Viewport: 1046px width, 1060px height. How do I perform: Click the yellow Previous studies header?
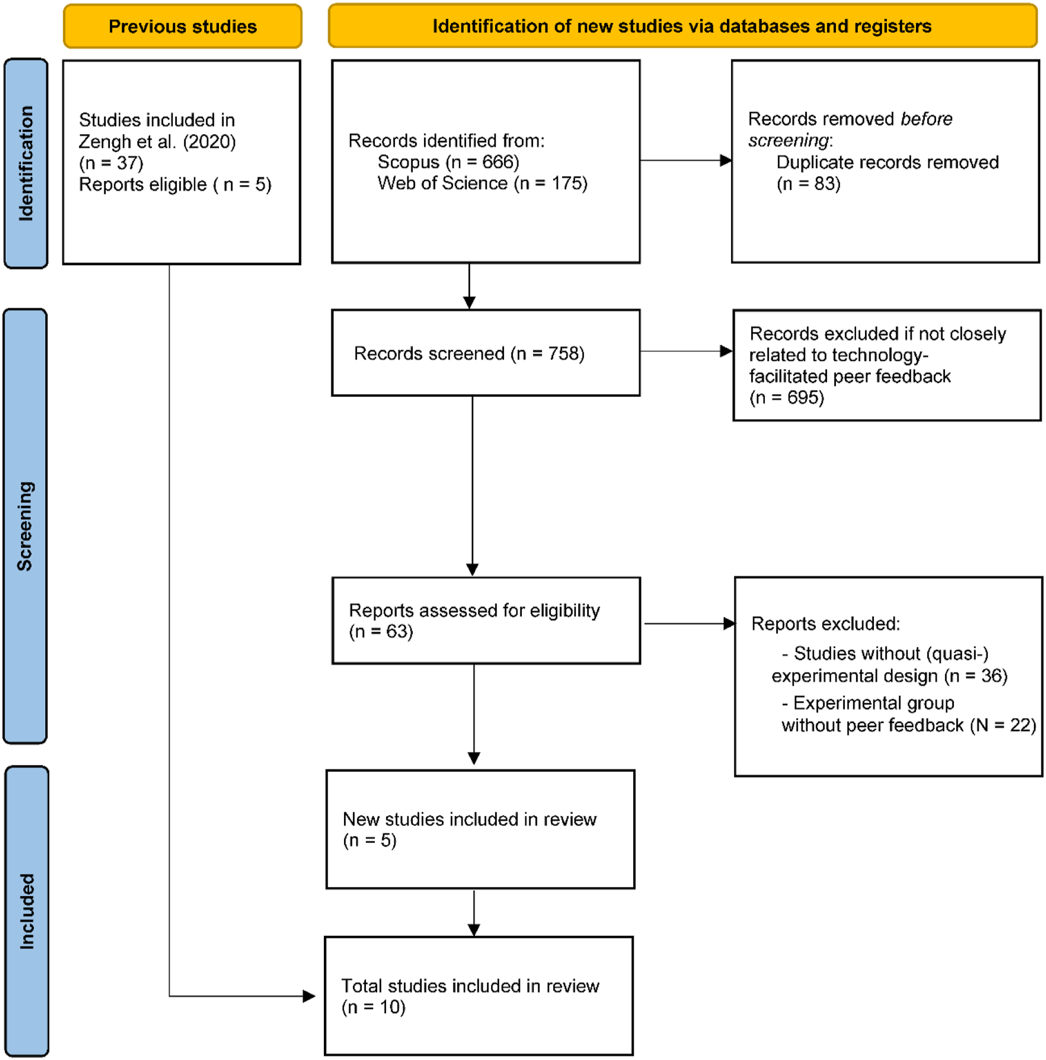click(182, 26)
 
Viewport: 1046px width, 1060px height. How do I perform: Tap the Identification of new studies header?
click(682, 26)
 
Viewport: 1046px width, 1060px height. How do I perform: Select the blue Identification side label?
click(26, 164)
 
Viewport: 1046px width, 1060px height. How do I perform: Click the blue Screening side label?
click(25, 526)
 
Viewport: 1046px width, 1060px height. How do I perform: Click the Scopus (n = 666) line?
click(448, 162)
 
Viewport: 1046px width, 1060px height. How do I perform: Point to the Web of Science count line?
click(482, 183)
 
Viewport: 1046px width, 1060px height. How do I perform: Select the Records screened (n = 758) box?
click(486, 353)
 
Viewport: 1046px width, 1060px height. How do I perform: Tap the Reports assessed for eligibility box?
click(486, 620)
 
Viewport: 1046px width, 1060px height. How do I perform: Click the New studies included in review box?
click(480, 829)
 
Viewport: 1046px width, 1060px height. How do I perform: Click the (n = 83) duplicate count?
click(808, 184)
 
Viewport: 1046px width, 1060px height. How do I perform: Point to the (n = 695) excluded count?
click(787, 397)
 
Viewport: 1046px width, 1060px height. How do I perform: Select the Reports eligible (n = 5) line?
click(175, 184)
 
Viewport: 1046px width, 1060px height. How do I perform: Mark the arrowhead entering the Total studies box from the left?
click(309, 996)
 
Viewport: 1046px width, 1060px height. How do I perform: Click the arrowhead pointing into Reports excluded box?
click(729, 624)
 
